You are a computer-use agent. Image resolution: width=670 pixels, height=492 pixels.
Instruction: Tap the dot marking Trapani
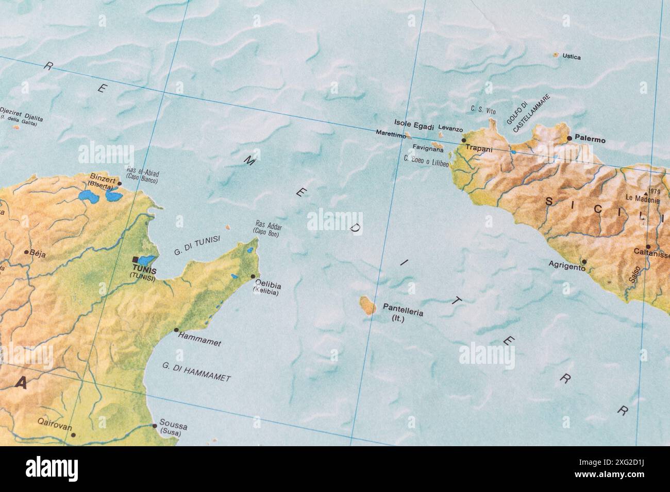coord(463,140)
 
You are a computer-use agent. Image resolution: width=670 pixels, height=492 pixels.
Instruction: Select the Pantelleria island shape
coord(367,306)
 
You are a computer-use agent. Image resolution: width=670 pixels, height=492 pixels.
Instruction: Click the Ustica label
coord(572,57)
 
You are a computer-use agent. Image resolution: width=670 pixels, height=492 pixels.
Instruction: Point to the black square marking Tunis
coord(136,259)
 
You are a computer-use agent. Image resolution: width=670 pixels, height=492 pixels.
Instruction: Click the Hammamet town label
coord(199,339)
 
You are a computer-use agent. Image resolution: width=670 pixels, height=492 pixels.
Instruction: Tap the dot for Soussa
coord(154,426)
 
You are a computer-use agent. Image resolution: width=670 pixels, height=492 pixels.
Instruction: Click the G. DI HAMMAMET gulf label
coord(196,372)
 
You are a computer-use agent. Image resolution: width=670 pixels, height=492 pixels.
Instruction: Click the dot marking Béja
coord(26,252)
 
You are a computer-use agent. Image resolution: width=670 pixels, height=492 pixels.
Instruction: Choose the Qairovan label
coord(55,427)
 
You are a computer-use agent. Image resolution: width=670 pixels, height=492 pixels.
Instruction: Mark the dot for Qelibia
coord(253,276)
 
